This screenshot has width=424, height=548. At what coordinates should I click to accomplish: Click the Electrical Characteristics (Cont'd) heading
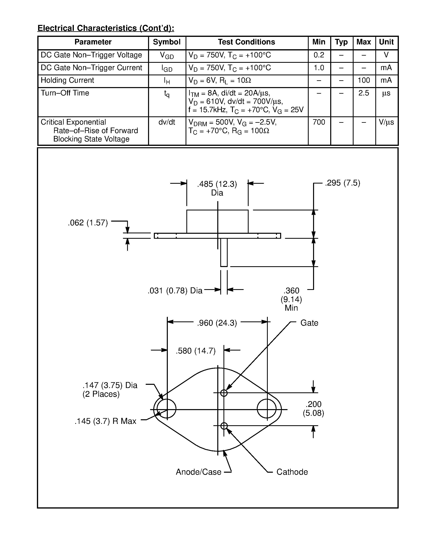106,28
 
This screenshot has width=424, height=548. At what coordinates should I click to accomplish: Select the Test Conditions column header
246,42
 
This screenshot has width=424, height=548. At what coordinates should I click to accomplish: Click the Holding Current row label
67,80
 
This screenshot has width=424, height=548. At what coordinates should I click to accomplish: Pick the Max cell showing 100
364,80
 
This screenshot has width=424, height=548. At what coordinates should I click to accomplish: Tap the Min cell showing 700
319,122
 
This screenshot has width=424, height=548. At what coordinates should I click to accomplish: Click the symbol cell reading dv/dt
167,122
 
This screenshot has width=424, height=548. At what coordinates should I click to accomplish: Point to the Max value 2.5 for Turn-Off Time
364,93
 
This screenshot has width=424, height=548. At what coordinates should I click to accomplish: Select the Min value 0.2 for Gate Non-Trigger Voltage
319,55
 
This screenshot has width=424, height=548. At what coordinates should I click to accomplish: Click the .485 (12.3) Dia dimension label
217,188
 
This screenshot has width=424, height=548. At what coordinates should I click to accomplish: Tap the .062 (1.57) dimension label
88,223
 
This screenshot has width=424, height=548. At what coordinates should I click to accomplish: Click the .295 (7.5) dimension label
342,183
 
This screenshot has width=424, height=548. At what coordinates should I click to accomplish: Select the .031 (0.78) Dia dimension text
175,291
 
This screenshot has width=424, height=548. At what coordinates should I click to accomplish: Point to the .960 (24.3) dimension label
217,323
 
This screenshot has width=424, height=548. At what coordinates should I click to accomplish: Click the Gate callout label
309,323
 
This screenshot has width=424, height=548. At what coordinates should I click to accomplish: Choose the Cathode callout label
292,472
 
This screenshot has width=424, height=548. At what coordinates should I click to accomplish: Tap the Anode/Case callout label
199,472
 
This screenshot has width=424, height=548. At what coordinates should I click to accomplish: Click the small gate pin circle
224,393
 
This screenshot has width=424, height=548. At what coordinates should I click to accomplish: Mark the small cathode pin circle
224,426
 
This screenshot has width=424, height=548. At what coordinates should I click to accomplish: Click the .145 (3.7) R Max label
106,421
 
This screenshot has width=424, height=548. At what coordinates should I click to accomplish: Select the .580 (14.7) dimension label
196,351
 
